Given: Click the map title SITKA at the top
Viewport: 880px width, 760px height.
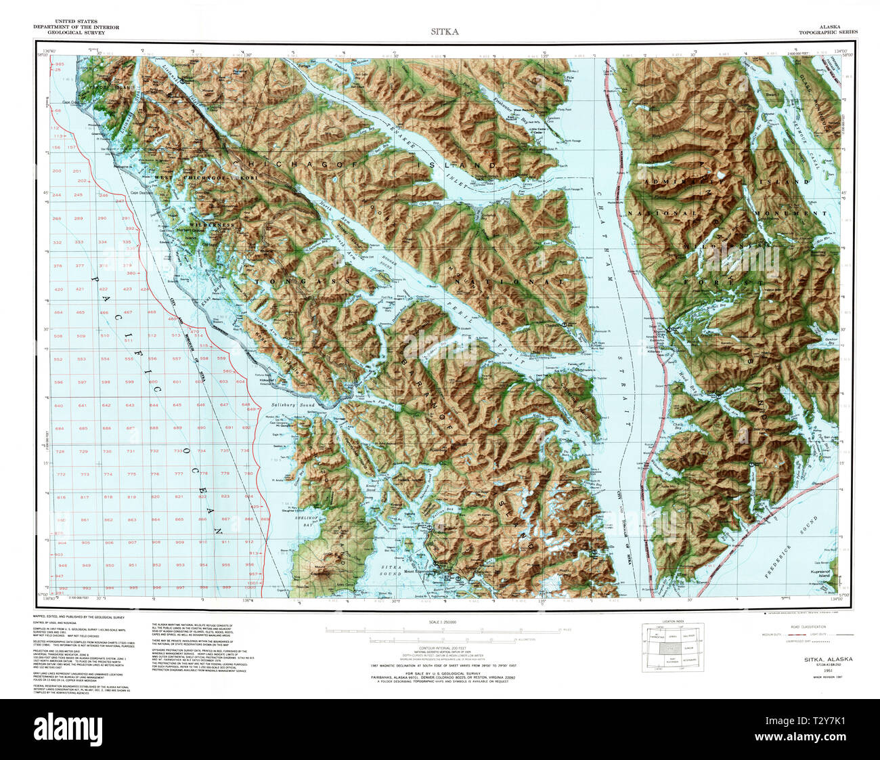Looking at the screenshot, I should (x=445, y=31).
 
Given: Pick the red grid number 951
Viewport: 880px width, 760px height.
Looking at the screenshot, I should (x=133, y=565).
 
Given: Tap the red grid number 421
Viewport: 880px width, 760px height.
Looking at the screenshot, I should (x=81, y=289).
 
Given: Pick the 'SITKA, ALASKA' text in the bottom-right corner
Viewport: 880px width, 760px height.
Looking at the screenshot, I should (x=828, y=659).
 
